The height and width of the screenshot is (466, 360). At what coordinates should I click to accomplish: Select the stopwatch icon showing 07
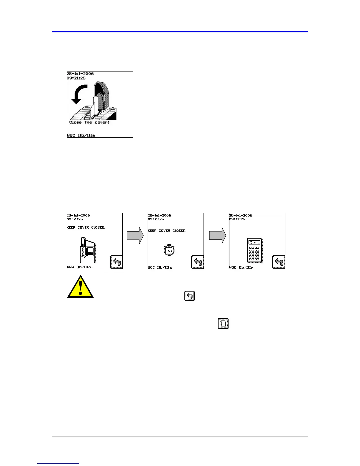point(169,250)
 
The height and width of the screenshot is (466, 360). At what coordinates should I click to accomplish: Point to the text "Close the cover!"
point(89,122)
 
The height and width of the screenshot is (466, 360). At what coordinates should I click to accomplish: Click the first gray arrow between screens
point(135,235)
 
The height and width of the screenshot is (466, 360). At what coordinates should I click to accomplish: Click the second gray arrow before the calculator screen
point(218,235)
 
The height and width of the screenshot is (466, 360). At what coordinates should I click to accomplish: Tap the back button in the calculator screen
point(279,262)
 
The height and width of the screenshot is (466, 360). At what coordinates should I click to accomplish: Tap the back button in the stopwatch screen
point(197,262)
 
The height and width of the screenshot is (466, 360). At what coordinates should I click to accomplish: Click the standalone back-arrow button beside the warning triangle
point(190,296)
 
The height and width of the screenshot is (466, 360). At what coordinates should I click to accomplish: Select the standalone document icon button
point(223,324)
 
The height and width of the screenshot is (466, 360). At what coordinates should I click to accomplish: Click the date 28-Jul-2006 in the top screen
point(80,74)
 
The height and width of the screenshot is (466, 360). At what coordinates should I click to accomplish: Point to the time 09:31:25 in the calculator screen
point(237,219)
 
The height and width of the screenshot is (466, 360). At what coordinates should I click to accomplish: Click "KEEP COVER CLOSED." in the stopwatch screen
point(167,231)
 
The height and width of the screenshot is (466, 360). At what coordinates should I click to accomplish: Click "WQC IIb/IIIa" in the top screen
point(81,135)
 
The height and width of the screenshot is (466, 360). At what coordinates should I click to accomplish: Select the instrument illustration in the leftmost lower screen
point(87,251)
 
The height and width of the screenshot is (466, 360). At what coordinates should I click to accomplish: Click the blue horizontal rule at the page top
point(180,31)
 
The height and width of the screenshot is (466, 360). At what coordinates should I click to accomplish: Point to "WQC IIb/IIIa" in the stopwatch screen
point(160,267)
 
